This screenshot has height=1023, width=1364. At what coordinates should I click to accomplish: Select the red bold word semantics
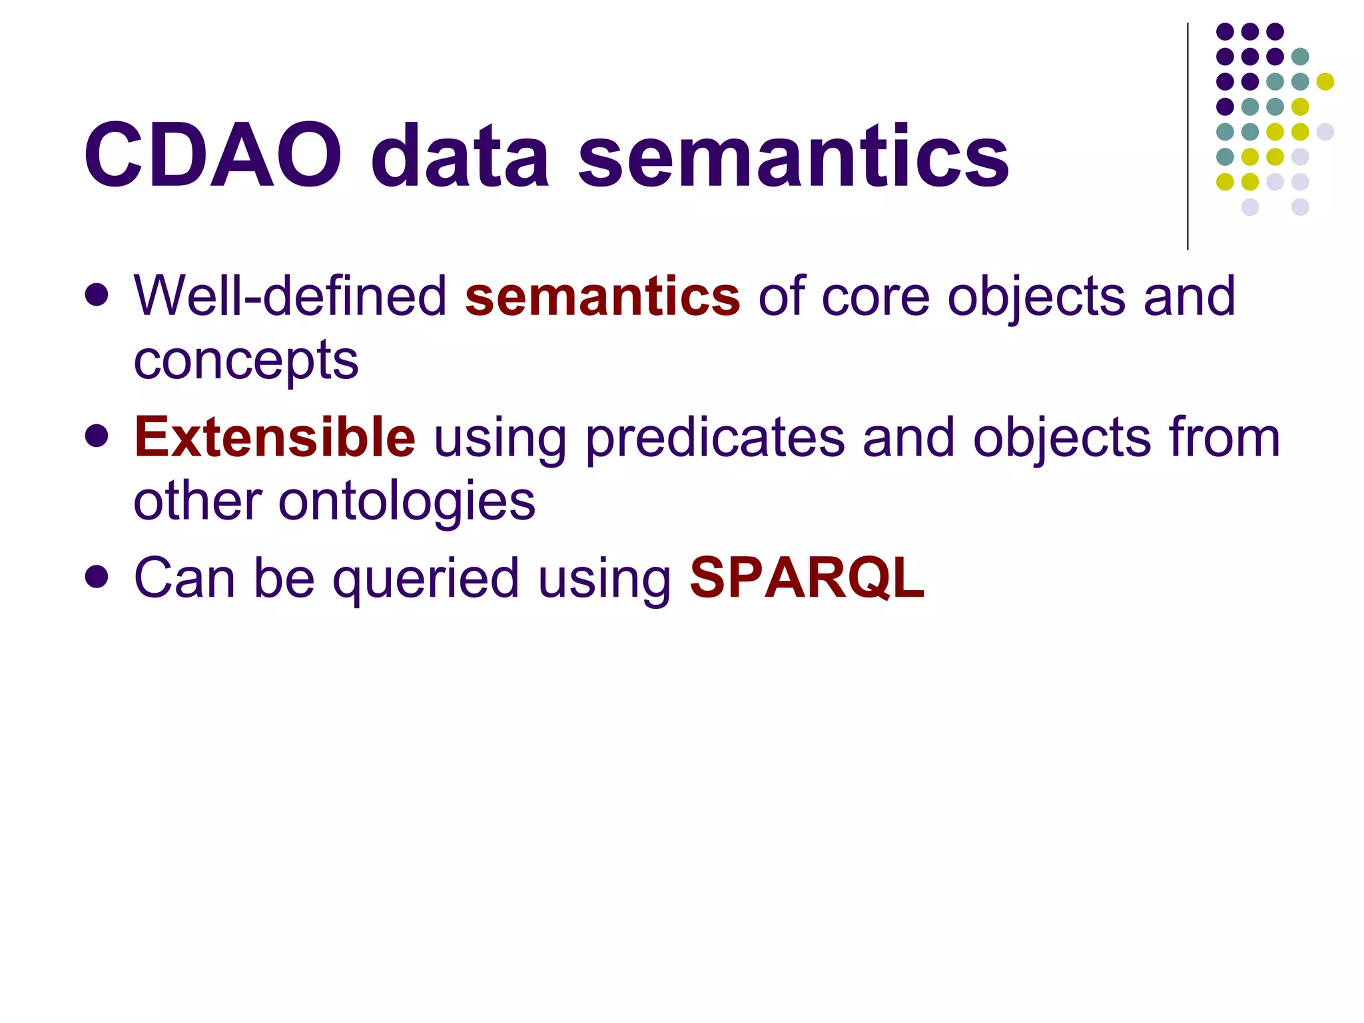[602, 296]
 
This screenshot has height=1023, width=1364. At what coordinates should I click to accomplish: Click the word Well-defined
[290, 296]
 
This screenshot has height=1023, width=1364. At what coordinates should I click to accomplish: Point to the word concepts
[246, 362]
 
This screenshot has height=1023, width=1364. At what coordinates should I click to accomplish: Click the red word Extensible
[274, 438]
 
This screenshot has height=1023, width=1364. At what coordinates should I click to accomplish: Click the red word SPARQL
[807, 578]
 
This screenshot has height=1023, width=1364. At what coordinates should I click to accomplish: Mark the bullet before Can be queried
[97, 577]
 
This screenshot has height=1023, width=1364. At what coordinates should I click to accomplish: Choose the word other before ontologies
[197, 501]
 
